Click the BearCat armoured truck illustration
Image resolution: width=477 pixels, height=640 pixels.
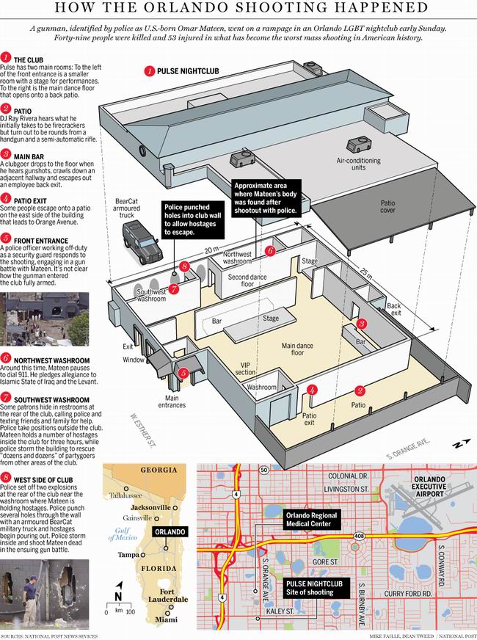tap(142, 242)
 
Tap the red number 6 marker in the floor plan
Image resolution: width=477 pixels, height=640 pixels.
tap(270, 251)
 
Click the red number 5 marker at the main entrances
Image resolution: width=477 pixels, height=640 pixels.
tap(183, 373)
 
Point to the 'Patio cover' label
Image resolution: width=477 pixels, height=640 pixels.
tap(387, 206)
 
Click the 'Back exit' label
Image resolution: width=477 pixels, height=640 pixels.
tap(394, 309)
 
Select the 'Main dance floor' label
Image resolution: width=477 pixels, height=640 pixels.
tap(297, 349)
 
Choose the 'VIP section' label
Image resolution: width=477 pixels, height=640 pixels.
tap(246, 368)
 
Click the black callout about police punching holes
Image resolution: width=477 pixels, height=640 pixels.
tap(192, 219)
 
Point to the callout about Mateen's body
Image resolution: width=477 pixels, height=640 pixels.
tap(266, 198)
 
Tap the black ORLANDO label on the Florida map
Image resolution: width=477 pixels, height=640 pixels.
tap(170, 532)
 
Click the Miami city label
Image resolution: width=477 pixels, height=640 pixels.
tap(166, 619)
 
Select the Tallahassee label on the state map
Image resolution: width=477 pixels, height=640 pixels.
tap(125, 495)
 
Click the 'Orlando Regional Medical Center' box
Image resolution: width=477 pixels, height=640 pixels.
tap(312, 519)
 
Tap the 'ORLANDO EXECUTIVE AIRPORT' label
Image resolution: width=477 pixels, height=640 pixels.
tap(429, 487)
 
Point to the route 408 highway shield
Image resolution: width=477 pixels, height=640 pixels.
tap(359, 536)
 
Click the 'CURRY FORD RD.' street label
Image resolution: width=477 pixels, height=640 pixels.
tap(407, 594)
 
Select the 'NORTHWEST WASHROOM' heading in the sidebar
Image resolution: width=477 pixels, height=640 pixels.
tap(52, 360)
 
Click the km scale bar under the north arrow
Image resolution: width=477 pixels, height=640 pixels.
tap(118, 606)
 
